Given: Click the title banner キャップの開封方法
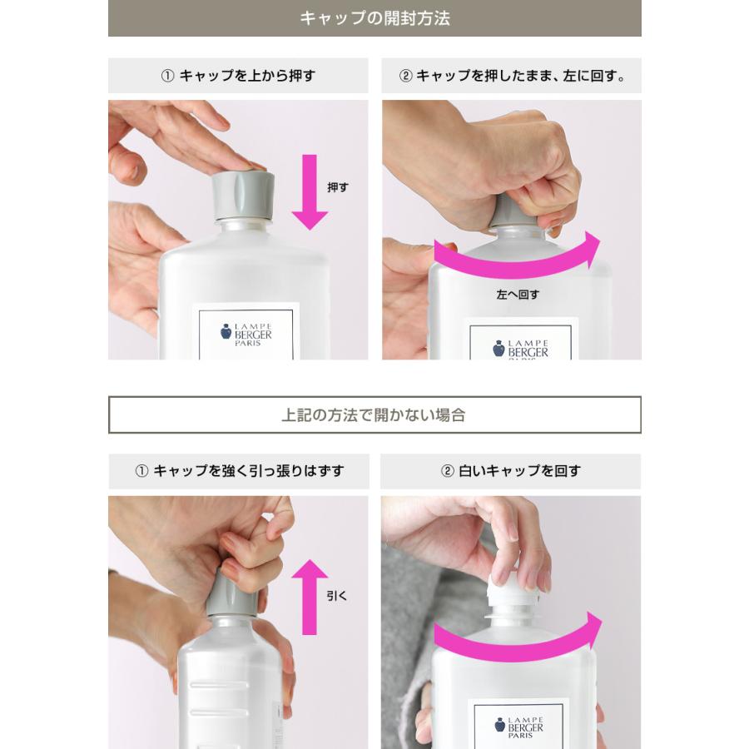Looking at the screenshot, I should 374,18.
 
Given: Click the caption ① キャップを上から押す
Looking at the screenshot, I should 238,76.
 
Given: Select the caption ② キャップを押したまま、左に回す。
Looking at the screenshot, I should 512,76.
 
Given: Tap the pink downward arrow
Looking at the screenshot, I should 310,191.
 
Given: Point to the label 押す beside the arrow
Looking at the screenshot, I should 338,187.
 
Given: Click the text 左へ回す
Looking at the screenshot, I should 518,295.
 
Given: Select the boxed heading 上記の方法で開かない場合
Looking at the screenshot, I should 374,414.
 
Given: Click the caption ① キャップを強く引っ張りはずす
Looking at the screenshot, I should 239,471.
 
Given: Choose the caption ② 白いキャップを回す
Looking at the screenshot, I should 511,471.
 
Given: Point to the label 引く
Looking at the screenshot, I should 337,596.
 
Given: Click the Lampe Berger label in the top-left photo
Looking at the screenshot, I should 246,333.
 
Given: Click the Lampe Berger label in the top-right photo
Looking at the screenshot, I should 520,343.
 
